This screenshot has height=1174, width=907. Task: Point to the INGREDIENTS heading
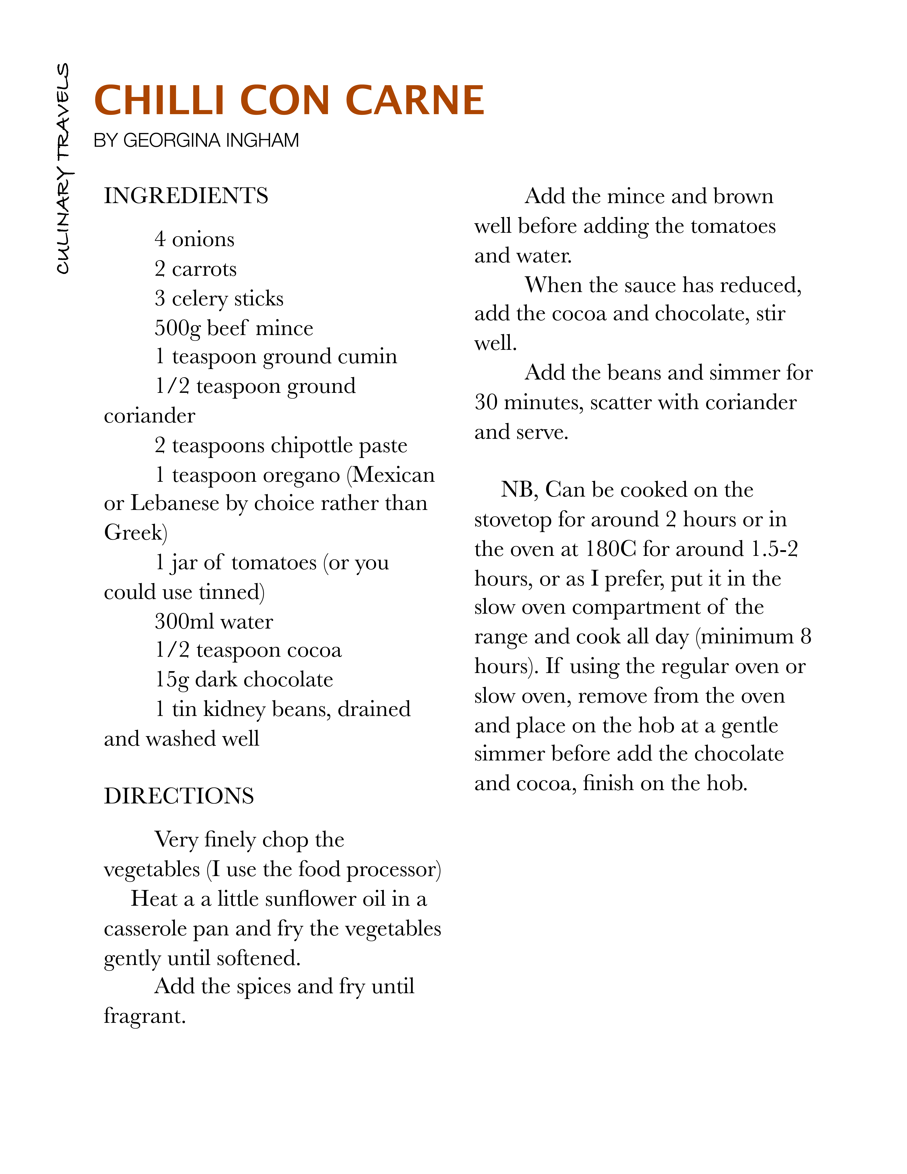coord(186,196)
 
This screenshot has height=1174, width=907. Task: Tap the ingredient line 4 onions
coord(195,239)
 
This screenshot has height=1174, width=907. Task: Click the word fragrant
coord(144,1016)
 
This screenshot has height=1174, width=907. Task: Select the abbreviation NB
coord(518,490)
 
